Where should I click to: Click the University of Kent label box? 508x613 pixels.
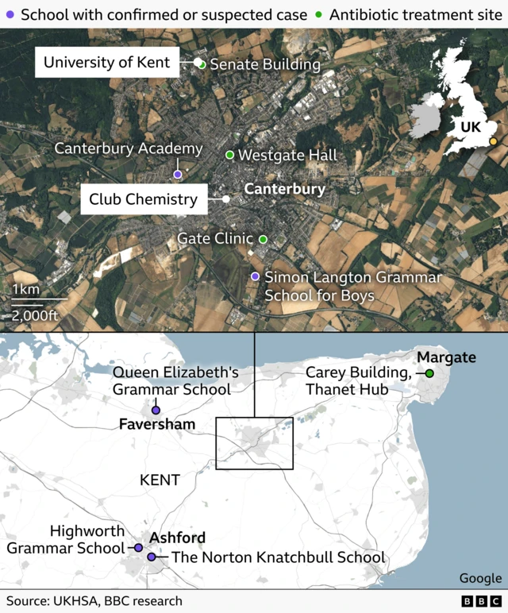(x=107, y=62)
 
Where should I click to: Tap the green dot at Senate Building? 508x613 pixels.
(x=202, y=64)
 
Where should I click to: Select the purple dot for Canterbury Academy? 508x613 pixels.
(x=178, y=174)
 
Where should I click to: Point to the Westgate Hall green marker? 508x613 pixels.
(x=230, y=155)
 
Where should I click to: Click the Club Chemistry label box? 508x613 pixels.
(x=143, y=199)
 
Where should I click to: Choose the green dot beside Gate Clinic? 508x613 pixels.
(x=263, y=239)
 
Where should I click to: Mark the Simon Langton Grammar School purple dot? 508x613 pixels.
(x=255, y=276)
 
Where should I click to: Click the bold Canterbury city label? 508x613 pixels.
(x=284, y=189)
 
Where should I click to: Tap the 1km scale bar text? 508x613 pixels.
(x=26, y=289)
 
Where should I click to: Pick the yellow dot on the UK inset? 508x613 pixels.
(x=493, y=142)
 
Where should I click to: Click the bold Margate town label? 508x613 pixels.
(x=446, y=357)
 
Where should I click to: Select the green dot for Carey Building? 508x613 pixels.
(x=429, y=373)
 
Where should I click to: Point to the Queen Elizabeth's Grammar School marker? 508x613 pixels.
(x=156, y=410)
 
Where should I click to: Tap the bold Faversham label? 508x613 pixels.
(x=157, y=425)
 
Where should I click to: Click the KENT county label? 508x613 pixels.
(x=160, y=480)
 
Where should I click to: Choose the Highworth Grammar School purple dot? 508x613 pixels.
(x=138, y=548)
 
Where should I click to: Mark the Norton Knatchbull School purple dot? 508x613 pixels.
(x=152, y=557)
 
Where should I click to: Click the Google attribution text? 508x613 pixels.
(x=480, y=578)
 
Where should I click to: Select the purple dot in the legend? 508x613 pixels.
(x=10, y=14)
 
